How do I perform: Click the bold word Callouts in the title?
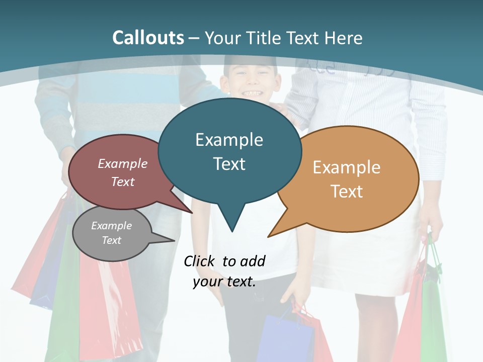[x=148, y=38]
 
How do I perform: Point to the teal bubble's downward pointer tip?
[x=231, y=231]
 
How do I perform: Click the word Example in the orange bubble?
[x=347, y=167]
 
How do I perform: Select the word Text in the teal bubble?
[x=229, y=164]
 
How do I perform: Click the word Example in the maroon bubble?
[x=123, y=163]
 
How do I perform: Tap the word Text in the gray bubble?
[x=112, y=240]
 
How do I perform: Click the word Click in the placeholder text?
[x=200, y=261]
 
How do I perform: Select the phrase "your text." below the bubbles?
[x=224, y=282]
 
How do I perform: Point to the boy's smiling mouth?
[x=252, y=93]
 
